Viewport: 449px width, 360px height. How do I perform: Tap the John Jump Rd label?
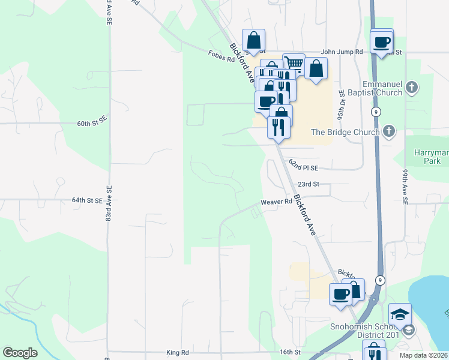coord(342,52)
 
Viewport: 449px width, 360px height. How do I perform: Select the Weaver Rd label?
coord(276,202)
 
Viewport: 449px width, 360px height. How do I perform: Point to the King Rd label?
coord(178,352)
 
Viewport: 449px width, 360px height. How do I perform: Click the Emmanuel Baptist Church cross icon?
coord(411,88)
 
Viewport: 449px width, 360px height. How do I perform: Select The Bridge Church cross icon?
coord(388,131)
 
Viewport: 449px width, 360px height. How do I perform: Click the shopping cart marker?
coord(294,64)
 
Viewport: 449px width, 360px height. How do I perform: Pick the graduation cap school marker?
coord(400,314)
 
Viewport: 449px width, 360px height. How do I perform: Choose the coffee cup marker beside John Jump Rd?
coord(382,42)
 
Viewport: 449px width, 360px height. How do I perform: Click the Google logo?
coord(20,353)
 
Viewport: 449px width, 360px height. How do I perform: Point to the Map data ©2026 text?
coord(424,355)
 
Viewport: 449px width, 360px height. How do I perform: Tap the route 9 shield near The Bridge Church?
coord(375,112)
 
